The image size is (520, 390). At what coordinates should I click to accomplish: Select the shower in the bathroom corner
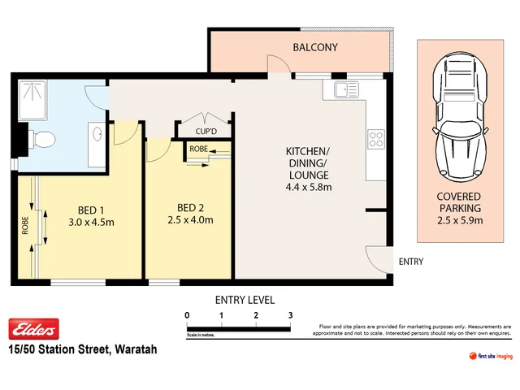33,97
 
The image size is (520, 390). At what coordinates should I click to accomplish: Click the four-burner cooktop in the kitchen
376,139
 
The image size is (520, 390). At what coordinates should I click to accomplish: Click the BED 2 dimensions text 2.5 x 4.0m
188,219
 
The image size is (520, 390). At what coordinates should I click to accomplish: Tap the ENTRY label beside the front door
411,262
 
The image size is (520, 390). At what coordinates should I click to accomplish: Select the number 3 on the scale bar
290,314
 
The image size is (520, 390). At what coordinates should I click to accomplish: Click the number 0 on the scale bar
187,314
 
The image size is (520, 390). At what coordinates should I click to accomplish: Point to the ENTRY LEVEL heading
244,299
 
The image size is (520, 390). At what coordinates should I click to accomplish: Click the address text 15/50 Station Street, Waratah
81,349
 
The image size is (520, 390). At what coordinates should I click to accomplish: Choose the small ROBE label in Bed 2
198,149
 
